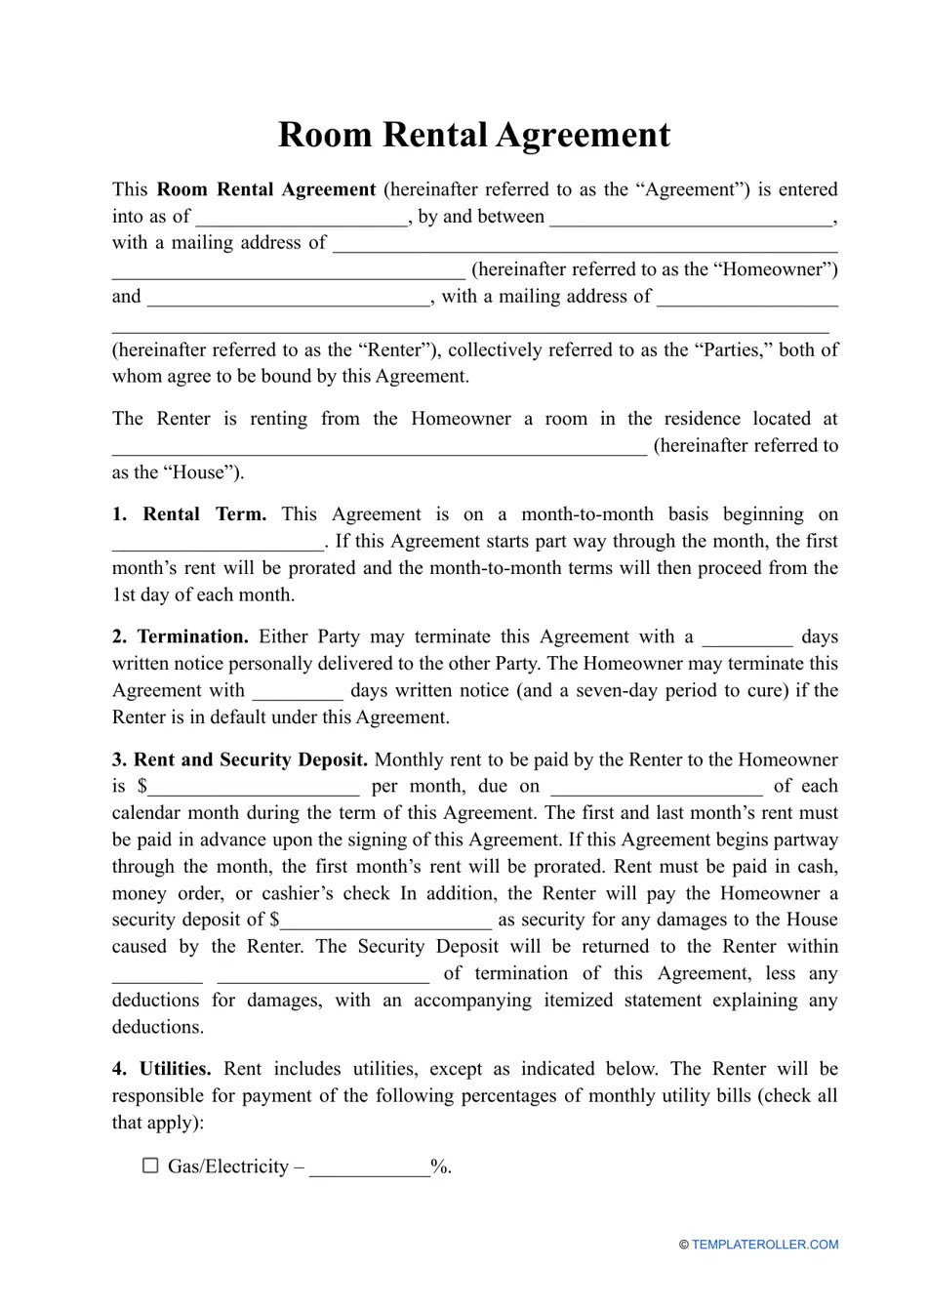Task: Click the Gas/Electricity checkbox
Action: (x=150, y=1166)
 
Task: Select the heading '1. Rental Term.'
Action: (x=189, y=514)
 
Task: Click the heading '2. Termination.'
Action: (x=181, y=637)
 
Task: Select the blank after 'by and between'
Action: (x=693, y=218)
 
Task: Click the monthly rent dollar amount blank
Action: (x=254, y=787)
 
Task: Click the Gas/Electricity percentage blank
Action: (x=370, y=1167)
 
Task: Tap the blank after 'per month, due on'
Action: (x=656, y=787)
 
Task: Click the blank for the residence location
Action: (x=379, y=447)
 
